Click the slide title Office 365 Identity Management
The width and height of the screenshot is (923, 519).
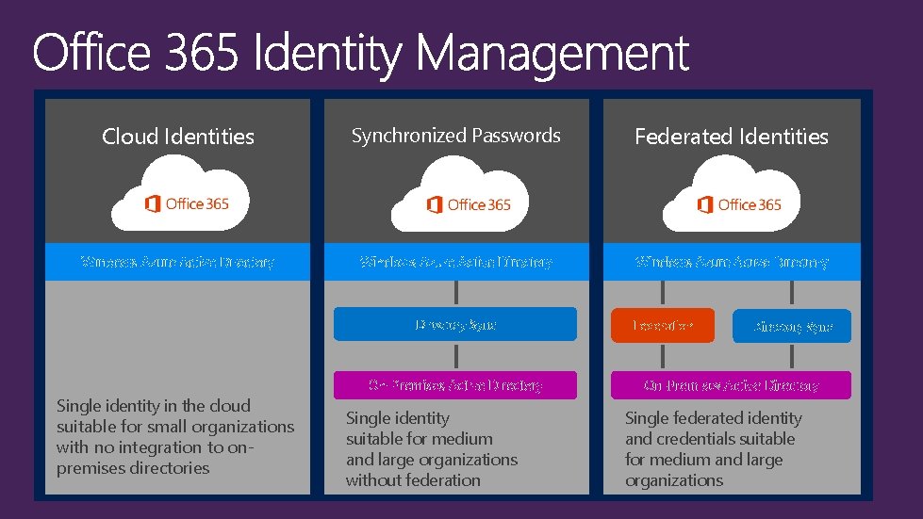360,54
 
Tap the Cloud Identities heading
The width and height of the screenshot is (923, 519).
178,137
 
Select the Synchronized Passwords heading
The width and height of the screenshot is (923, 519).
455,136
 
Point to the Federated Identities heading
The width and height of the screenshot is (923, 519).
731,137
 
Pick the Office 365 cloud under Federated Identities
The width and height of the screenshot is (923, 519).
731,198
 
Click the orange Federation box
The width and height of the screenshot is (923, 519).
662,326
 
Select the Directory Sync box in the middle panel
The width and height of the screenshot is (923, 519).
455,324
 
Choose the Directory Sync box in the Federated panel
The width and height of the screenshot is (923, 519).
792,326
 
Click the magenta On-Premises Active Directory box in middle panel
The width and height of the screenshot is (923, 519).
455,384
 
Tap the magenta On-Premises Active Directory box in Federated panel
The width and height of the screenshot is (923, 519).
731,385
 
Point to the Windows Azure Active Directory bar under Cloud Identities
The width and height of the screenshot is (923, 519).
177,262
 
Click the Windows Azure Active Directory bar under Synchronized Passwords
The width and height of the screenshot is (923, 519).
455,262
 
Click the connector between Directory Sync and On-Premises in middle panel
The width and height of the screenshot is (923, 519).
456,356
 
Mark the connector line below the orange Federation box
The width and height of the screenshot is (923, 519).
662,357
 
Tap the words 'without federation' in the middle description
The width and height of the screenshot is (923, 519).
413,480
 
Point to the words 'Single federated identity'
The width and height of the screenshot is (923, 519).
713,418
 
